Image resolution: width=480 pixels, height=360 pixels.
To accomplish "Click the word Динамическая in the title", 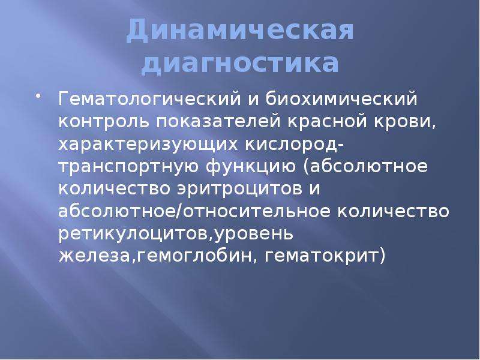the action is tap(241, 31).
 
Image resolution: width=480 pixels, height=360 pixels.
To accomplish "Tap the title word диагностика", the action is tap(241, 64).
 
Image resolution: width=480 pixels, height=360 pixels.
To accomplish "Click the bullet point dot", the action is tap(38, 97).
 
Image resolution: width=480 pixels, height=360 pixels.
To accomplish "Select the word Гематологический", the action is tap(149, 100).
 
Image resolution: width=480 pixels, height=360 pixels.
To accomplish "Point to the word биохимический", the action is tap(341, 100).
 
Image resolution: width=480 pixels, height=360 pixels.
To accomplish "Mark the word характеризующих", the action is tap(148, 145).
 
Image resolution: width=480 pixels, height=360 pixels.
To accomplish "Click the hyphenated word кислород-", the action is tap(295, 145).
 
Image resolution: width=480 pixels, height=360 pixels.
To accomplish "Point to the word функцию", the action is tap(251, 167).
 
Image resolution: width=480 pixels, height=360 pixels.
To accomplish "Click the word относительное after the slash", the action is tap(257, 212).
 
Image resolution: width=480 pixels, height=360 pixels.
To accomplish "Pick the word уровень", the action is tap(253, 234).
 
